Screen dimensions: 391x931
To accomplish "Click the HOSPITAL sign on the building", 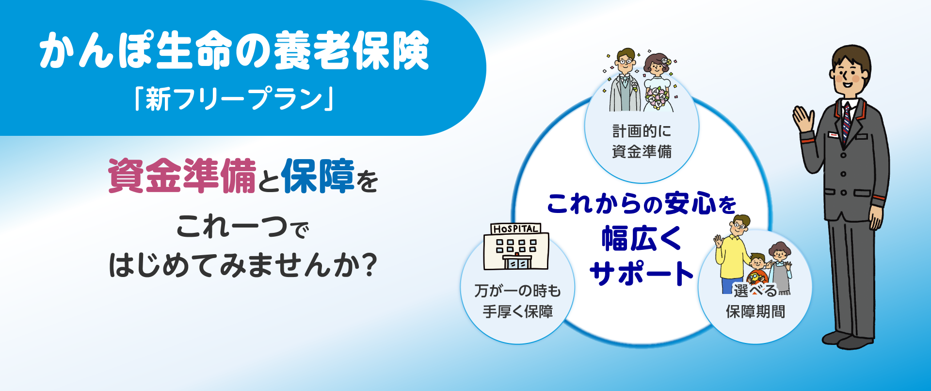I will [515, 229].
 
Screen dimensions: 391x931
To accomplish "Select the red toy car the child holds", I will [755, 278].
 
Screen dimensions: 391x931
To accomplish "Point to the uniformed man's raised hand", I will [803, 118].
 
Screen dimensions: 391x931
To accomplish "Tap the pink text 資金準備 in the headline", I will [182, 176].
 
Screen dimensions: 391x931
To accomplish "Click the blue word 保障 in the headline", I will [318, 176].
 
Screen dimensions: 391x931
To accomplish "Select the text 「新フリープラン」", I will [234, 99].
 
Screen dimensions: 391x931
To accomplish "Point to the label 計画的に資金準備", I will [642, 141].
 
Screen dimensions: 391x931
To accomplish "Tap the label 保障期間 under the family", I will [755, 311].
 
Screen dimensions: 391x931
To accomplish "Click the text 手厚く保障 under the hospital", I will [517, 311].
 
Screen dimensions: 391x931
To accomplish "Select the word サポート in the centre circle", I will [641, 273].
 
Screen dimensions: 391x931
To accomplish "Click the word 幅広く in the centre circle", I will [641, 239].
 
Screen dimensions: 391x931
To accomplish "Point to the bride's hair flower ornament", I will [666, 61].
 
